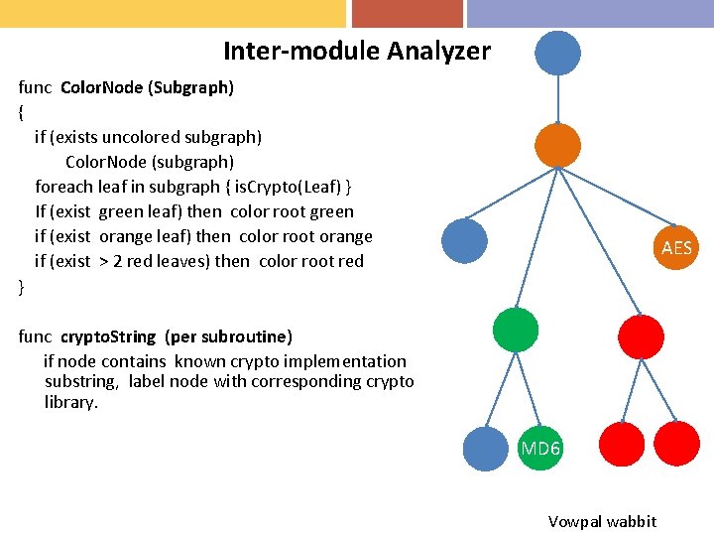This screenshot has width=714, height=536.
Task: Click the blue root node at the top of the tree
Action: pos(557,53)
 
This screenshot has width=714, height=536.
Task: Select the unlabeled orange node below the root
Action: pos(557,145)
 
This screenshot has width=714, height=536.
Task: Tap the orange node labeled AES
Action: pos(676,247)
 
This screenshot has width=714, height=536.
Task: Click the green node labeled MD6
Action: pos(539,448)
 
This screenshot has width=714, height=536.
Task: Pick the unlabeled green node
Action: pos(516,331)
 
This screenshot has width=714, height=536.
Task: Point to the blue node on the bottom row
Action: pos(486,448)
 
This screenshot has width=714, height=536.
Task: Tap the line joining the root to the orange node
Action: pos(557,99)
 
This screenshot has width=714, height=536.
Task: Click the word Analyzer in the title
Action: pos(439,51)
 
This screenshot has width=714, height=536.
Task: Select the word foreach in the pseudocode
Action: pos(63,187)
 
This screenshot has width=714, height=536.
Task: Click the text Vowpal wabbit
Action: pos(602,521)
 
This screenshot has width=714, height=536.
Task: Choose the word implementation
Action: pos(348,361)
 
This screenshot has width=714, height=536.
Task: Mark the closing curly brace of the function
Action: pos(22,286)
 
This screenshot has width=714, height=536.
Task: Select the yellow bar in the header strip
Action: pos(173,13)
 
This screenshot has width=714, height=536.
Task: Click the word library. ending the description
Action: pos(71,402)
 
